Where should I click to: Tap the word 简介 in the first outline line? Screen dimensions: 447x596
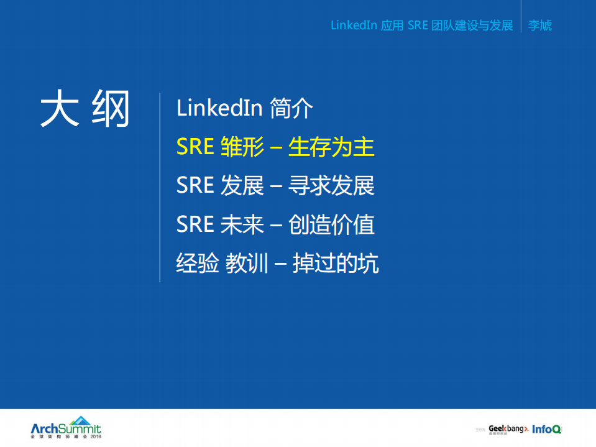click(x=291, y=109)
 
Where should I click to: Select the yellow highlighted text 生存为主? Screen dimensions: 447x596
click(x=331, y=147)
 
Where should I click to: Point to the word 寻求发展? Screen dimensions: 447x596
click(x=331, y=186)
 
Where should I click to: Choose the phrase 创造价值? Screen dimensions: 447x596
click(x=331, y=224)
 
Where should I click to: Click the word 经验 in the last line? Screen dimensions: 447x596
click(x=198, y=264)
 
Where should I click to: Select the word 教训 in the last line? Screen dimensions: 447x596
click(x=247, y=264)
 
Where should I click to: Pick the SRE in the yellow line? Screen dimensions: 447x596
click(x=195, y=147)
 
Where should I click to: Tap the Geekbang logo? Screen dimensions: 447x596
click(x=508, y=429)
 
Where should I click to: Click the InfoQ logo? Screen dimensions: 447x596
click(x=547, y=429)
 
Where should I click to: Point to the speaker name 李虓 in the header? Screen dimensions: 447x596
click(x=539, y=25)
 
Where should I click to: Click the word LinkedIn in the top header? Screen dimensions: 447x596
click(x=354, y=25)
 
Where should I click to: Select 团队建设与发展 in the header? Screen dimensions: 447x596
click(x=472, y=25)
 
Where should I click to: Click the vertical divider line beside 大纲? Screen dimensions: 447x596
click(x=160, y=187)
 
